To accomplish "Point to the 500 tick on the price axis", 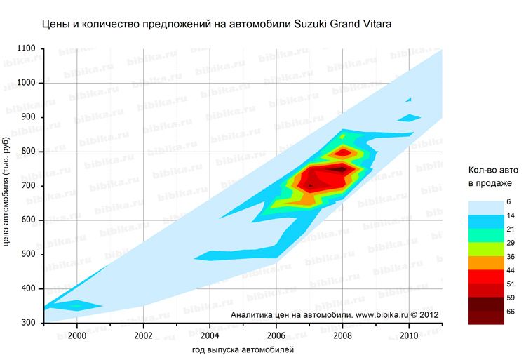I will point(29,254).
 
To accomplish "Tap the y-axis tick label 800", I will point(29,152).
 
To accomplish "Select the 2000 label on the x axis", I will point(76,335).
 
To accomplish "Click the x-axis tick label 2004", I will point(210,335).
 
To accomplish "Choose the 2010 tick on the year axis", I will point(409,335).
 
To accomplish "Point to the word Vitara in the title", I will point(375,24).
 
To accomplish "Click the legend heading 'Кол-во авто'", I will point(494,170).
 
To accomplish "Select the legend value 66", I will point(511,311).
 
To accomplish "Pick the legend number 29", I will point(511,243).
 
